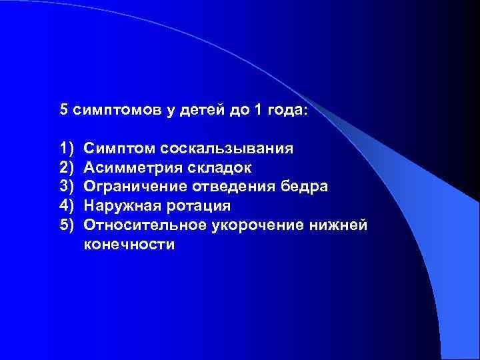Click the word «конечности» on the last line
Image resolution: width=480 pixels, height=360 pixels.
click(x=129, y=245)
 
